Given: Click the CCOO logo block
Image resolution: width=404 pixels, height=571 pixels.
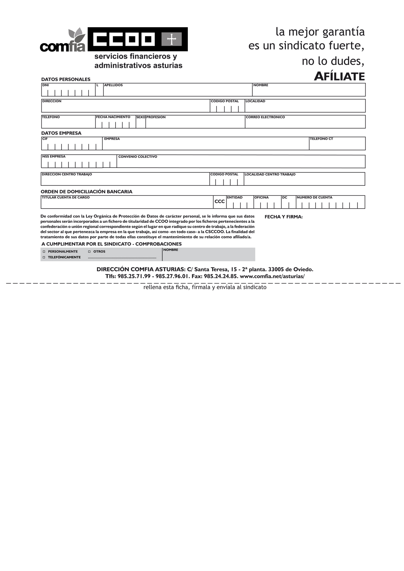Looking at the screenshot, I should pyautogui.click(x=137, y=39).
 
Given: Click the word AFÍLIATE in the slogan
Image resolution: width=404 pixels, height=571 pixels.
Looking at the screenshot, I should pyautogui.click(x=339, y=76).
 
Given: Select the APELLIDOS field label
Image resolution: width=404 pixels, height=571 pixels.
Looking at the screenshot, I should pyautogui.click(x=113, y=85).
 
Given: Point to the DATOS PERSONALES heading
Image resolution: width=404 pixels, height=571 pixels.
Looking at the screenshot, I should pyautogui.click(x=66, y=79).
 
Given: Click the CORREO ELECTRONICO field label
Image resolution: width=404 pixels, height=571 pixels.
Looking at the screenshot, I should pyautogui.click(x=265, y=117).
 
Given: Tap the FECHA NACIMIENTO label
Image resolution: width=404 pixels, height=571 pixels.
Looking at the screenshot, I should pyautogui.click(x=113, y=117).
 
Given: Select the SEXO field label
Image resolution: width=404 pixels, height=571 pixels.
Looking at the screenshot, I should pyautogui.click(x=141, y=117).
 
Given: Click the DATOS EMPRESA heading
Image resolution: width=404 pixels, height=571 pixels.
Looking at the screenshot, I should pyautogui.click(x=61, y=133).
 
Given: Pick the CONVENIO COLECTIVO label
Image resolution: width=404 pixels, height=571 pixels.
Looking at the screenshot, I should pyautogui.click(x=138, y=157).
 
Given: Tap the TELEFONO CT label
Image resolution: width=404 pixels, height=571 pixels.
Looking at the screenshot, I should pyautogui.click(x=322, y=139).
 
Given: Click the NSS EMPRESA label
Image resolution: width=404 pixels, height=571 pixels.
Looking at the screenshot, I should pyautogui.click(x=54, y=156).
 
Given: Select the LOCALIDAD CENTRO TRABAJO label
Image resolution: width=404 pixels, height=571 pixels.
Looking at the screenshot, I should pyautogui.click(x=270, y=174).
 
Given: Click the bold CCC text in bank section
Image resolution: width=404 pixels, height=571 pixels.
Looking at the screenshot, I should pyautogui.click(x=220, y=202).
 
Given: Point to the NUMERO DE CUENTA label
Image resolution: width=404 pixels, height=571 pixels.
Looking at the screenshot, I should pyautogui.click(x=314, y=198).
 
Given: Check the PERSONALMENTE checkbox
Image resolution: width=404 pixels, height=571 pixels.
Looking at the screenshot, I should pyautogui.click(x=44, y=252).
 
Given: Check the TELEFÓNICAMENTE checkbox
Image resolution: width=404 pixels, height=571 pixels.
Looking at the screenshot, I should pyautogui.click(x=44, y=257).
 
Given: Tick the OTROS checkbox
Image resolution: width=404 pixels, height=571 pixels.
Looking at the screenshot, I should pyautogui.click(x=90, y=252).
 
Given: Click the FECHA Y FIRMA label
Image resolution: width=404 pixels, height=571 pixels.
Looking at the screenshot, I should pyautogui.click(x=283, y=217).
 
